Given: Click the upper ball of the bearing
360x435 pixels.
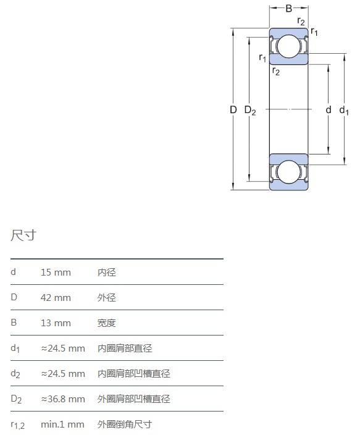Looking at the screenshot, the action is pyautogui.click(x=288, y=46).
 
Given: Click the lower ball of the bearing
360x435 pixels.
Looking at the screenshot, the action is pyautogui.click(x=288, y=172).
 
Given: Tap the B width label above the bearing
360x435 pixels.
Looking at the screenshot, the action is pyautogui.click(x=289, y=8).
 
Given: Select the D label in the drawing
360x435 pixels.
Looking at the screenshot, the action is pyautogui.click(x=233, y=110).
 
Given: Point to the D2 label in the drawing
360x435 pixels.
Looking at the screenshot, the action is pyautogui.click(x=250, y=111).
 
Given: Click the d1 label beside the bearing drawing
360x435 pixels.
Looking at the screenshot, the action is pyautogui.click(x=344, y=111).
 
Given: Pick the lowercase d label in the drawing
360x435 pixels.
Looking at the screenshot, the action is pyautogui.click(x=329, y=110).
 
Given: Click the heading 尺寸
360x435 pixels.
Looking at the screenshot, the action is pyautogui.click(x=23, y=235).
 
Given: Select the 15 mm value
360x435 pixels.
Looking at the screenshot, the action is pyautogui.click(x=56, y=272).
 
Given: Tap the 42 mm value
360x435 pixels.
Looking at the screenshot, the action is pyautogui.click(x=56, y=298).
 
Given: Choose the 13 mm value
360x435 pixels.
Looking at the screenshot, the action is pyautogui.click(x=56, y=323).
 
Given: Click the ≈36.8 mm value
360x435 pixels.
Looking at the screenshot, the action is pyautogui.click(x=63, y=399).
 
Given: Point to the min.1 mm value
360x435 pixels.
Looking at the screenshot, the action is pyautogui.click(x=62, y=424).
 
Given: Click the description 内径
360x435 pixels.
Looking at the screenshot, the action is pyautogui.click(x=106, y=272).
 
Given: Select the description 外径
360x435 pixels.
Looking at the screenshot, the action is pyautogui.click(x=106, y=298).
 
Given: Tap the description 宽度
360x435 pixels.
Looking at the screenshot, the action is pyautogui.click(x=106, y=323).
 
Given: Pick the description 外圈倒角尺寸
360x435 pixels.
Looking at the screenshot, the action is pyautogui.click(x=125, y=424).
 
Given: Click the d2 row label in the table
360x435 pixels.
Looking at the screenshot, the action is pyautogui.click(x=15, y=374).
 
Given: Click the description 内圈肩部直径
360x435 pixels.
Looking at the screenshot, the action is pyautogui.click(x=125, y=348).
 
